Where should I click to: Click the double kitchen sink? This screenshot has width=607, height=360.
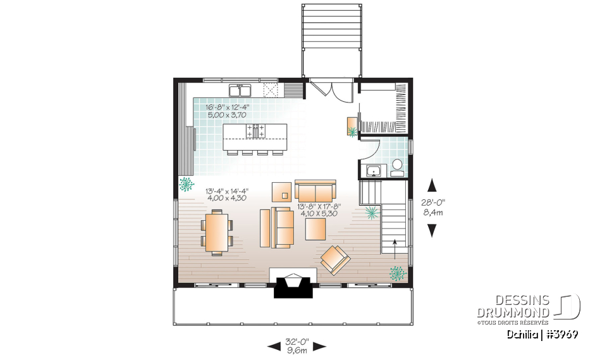[240, 90]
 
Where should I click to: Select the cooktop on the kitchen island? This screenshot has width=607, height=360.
[256, 131]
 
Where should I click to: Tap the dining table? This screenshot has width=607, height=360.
[217, 232]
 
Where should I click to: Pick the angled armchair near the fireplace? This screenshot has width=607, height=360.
[336, 259]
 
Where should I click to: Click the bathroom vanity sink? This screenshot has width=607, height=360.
[374, 170]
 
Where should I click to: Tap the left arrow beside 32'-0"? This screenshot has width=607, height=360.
[274, 345]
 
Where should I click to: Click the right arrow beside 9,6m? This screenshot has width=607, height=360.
[319, 345]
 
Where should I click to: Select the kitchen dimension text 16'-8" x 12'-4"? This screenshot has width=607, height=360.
[228, 108]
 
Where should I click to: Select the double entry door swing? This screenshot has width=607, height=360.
[332, 90]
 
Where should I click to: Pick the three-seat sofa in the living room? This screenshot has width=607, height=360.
[316, 190]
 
